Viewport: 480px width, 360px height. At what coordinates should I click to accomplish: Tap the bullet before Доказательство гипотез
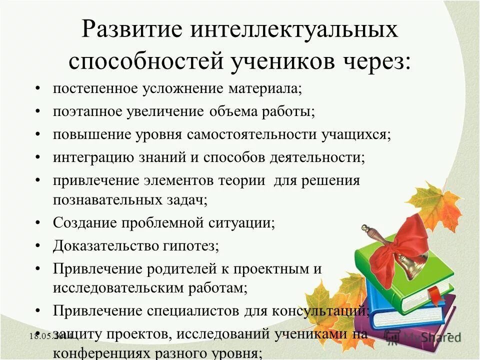click(38, 245)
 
